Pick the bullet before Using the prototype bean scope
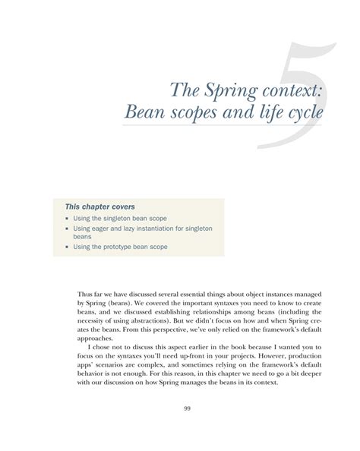point(67,247)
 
